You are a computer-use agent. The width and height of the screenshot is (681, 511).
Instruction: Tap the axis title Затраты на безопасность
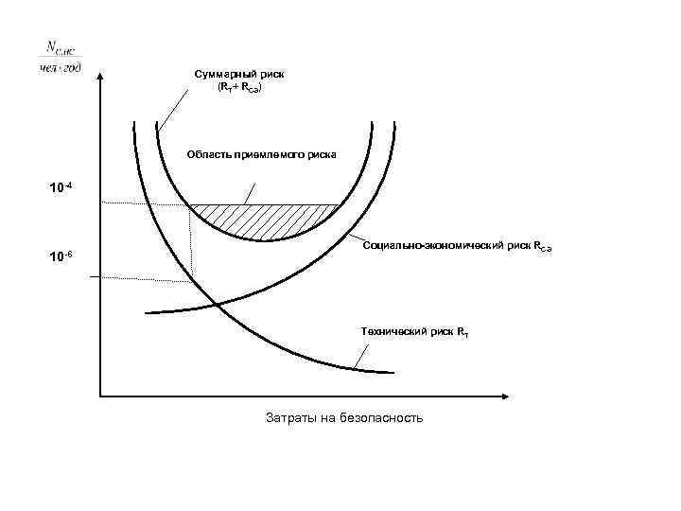343,417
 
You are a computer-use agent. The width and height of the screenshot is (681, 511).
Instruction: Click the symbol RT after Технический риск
461,332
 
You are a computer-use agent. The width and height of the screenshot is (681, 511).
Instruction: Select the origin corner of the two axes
100,395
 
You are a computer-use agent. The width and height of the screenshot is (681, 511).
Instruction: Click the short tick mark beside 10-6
96,276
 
